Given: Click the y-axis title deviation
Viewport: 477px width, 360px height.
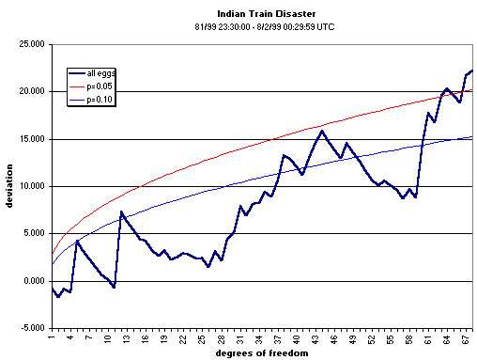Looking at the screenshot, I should point(9,185).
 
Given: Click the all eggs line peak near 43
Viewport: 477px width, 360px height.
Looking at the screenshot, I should point(322,131).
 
